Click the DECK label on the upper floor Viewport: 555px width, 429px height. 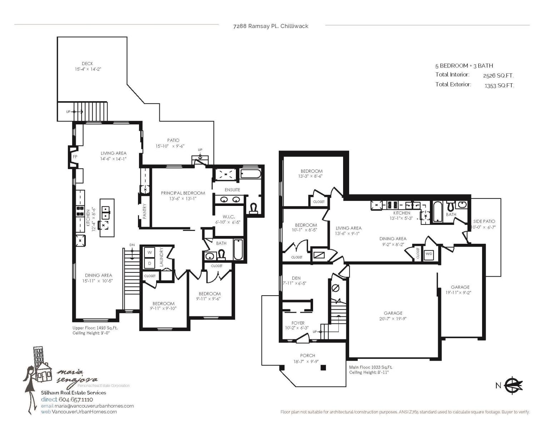87,63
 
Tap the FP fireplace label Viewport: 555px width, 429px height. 75,157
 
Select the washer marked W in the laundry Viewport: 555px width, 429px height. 149,252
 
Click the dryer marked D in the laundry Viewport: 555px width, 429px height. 149,263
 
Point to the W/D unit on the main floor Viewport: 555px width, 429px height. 428,254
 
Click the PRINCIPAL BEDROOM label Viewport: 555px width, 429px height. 183,193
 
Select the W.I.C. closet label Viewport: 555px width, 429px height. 229,217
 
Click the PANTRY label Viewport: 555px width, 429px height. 145,211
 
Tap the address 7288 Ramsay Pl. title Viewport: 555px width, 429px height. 271,26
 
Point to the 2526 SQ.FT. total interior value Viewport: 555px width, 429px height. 498,75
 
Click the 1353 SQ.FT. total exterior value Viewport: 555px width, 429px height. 499,85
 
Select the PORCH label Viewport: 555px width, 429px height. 307,355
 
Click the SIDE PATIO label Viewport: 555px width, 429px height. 484,221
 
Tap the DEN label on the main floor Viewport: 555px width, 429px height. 296,278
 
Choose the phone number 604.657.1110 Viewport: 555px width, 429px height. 76,399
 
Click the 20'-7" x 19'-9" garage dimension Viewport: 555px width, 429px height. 393,319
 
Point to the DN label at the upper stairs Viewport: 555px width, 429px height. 132,245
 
